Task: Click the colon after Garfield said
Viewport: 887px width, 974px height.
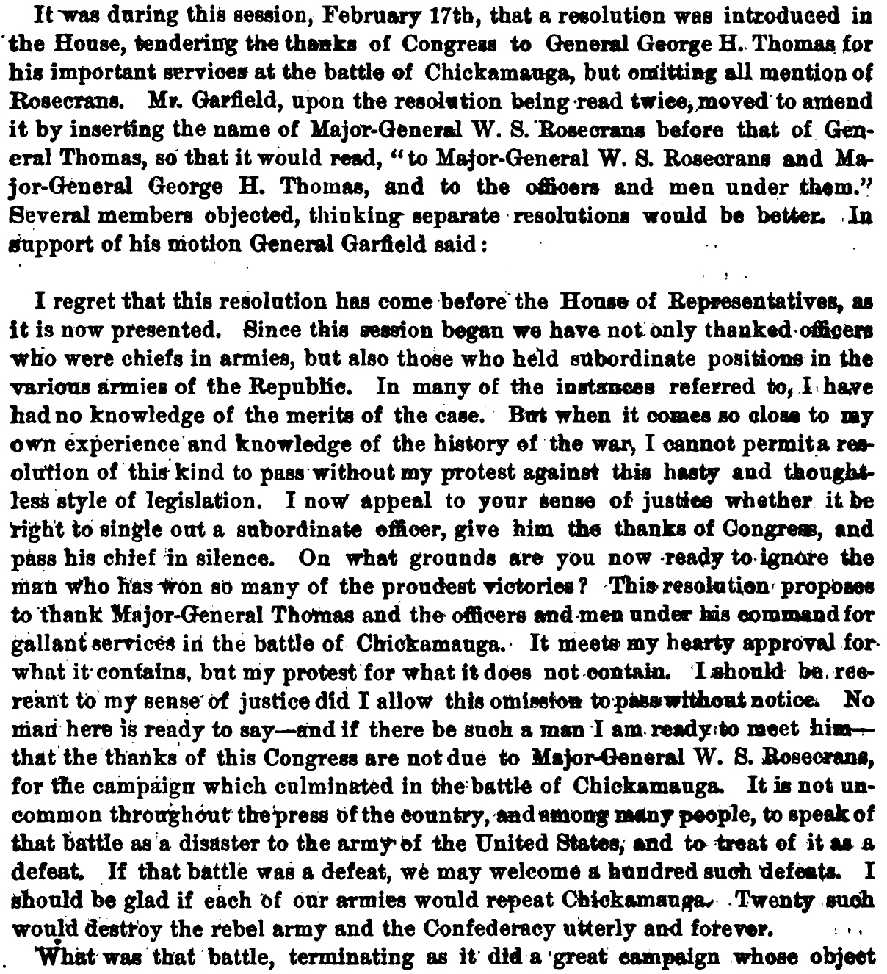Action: [x=485, y=245]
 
